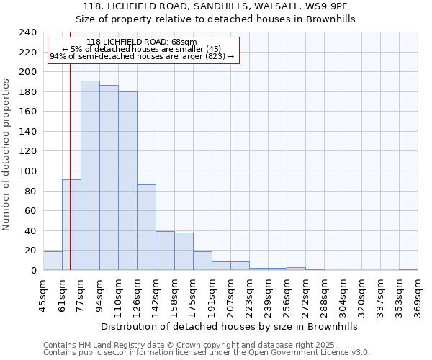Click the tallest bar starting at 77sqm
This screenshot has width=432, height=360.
pyautogui.click(x=90, y=176)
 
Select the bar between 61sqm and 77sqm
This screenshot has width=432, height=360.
pyautogui.click(x=71, y=225)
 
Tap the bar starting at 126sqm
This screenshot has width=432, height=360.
pyautogui.click(x=146, y=228)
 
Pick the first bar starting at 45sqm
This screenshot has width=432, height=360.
pyautogui.click(x=53, y=261)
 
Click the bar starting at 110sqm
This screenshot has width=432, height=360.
pyautogui.click(x=127, y=181)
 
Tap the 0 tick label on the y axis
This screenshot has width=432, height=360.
pyautogui.click(x=33, y=271)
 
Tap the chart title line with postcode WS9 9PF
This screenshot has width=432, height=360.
pyautogui.click(x=216, y=6)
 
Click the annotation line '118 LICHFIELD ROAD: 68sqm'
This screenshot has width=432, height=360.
pyautogui.click(x=141, y=42)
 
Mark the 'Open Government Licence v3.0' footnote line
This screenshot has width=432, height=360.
pyautogui.click(x=207, y=352)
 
